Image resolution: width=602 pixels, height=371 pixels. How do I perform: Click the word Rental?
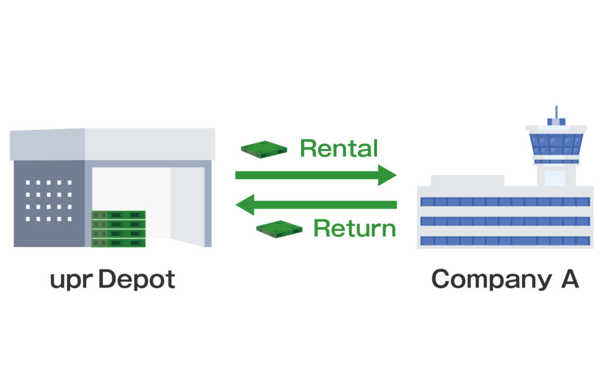pos(339,149)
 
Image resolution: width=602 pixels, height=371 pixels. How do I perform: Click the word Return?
pos(354,228)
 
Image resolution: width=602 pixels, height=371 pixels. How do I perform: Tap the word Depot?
pos(136,280)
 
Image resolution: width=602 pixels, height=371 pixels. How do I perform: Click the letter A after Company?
pos(569,279)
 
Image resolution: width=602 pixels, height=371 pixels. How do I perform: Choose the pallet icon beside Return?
pos(279,228)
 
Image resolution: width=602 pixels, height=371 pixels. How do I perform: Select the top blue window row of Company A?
pos(504,202)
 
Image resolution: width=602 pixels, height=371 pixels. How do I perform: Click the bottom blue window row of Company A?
pos(504,240)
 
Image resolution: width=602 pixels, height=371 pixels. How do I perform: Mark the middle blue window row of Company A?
pos(504,221)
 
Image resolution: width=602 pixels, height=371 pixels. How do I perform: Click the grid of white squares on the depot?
pos(49,200)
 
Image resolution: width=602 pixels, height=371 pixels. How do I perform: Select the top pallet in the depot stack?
pos(118,215)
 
